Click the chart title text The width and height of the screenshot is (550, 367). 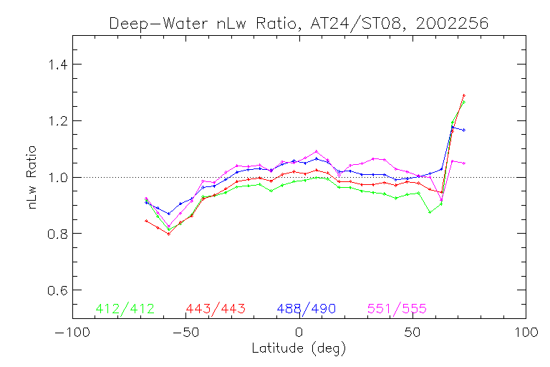[299, 23]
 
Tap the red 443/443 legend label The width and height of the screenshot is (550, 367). [216, 309]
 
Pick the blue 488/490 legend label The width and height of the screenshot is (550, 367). [307, 309]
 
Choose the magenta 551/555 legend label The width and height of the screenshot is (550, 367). [397, 309]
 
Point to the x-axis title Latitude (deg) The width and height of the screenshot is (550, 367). [299, 349]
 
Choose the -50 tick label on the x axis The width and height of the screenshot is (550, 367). [185, 333]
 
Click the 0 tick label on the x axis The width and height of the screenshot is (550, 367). [299, 333]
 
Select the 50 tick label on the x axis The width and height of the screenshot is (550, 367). [412, 333]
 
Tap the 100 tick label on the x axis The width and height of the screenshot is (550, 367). [526, 333]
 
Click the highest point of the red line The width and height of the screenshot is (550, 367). [464, 95]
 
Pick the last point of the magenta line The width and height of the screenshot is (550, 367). [464, 163]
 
